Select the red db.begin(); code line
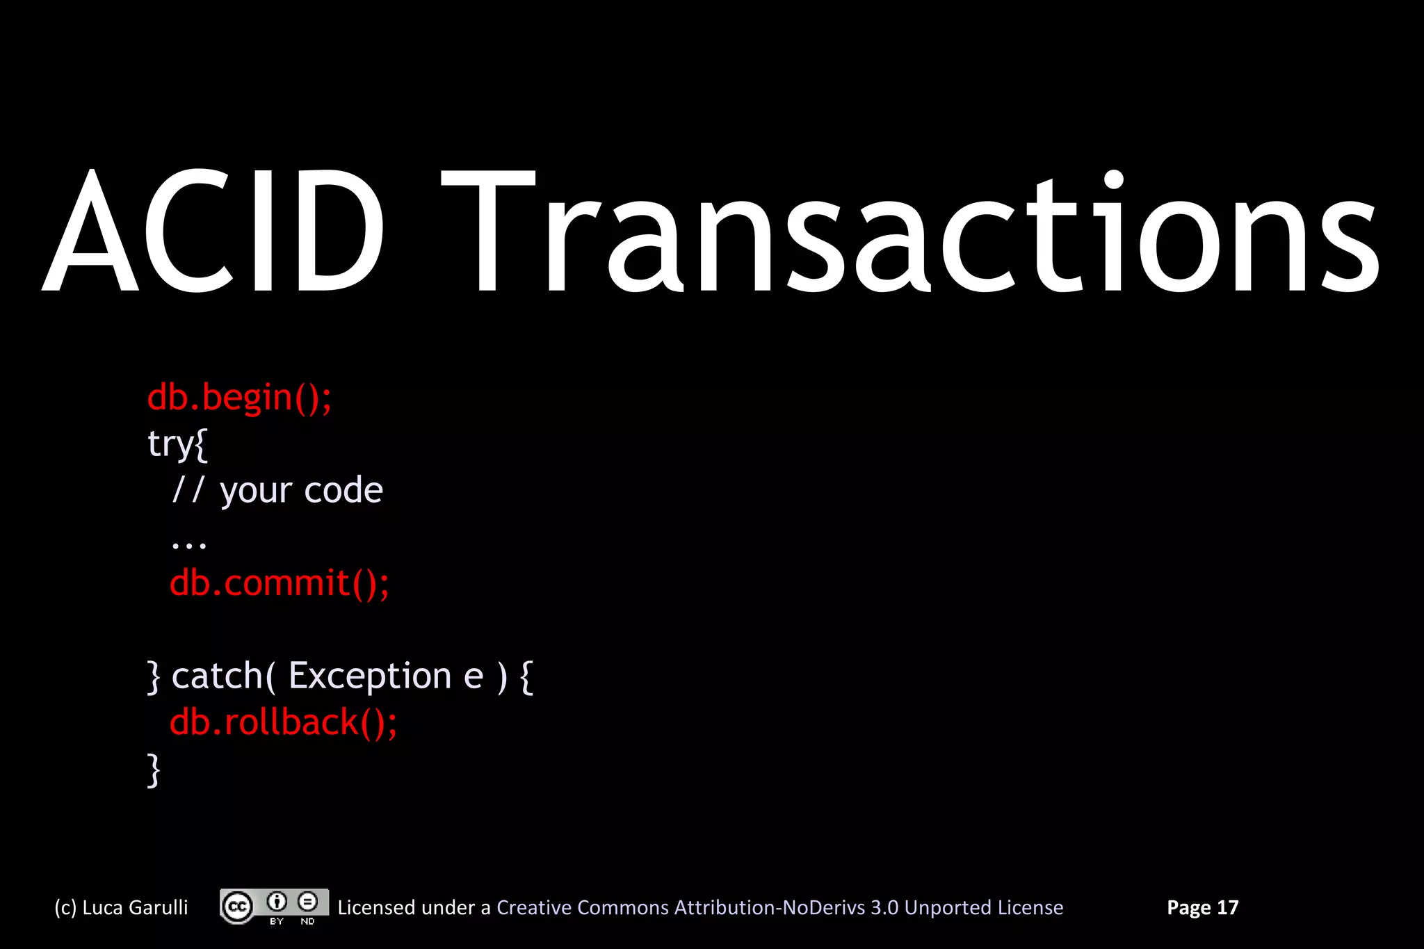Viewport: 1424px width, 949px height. [239, 398]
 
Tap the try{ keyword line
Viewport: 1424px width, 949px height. [177, 444]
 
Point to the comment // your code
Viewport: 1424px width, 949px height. [277, 490]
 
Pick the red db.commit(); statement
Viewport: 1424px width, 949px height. [279, 583]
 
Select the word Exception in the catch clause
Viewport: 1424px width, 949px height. [370, 676]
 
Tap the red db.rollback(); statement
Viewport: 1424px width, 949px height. [283, 722]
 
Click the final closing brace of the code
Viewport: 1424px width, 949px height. [154, 770]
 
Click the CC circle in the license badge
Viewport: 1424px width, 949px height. [237, 907]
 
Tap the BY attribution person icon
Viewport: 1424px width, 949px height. [277, 902]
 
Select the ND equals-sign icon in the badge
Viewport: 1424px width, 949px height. [307, 902]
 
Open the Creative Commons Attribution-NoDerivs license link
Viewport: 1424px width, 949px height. [779, 907]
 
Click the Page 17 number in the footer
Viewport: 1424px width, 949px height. [1202, 907]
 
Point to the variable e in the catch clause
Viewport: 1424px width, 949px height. [473, 676]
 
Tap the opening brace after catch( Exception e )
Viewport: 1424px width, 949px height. [526, 676]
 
